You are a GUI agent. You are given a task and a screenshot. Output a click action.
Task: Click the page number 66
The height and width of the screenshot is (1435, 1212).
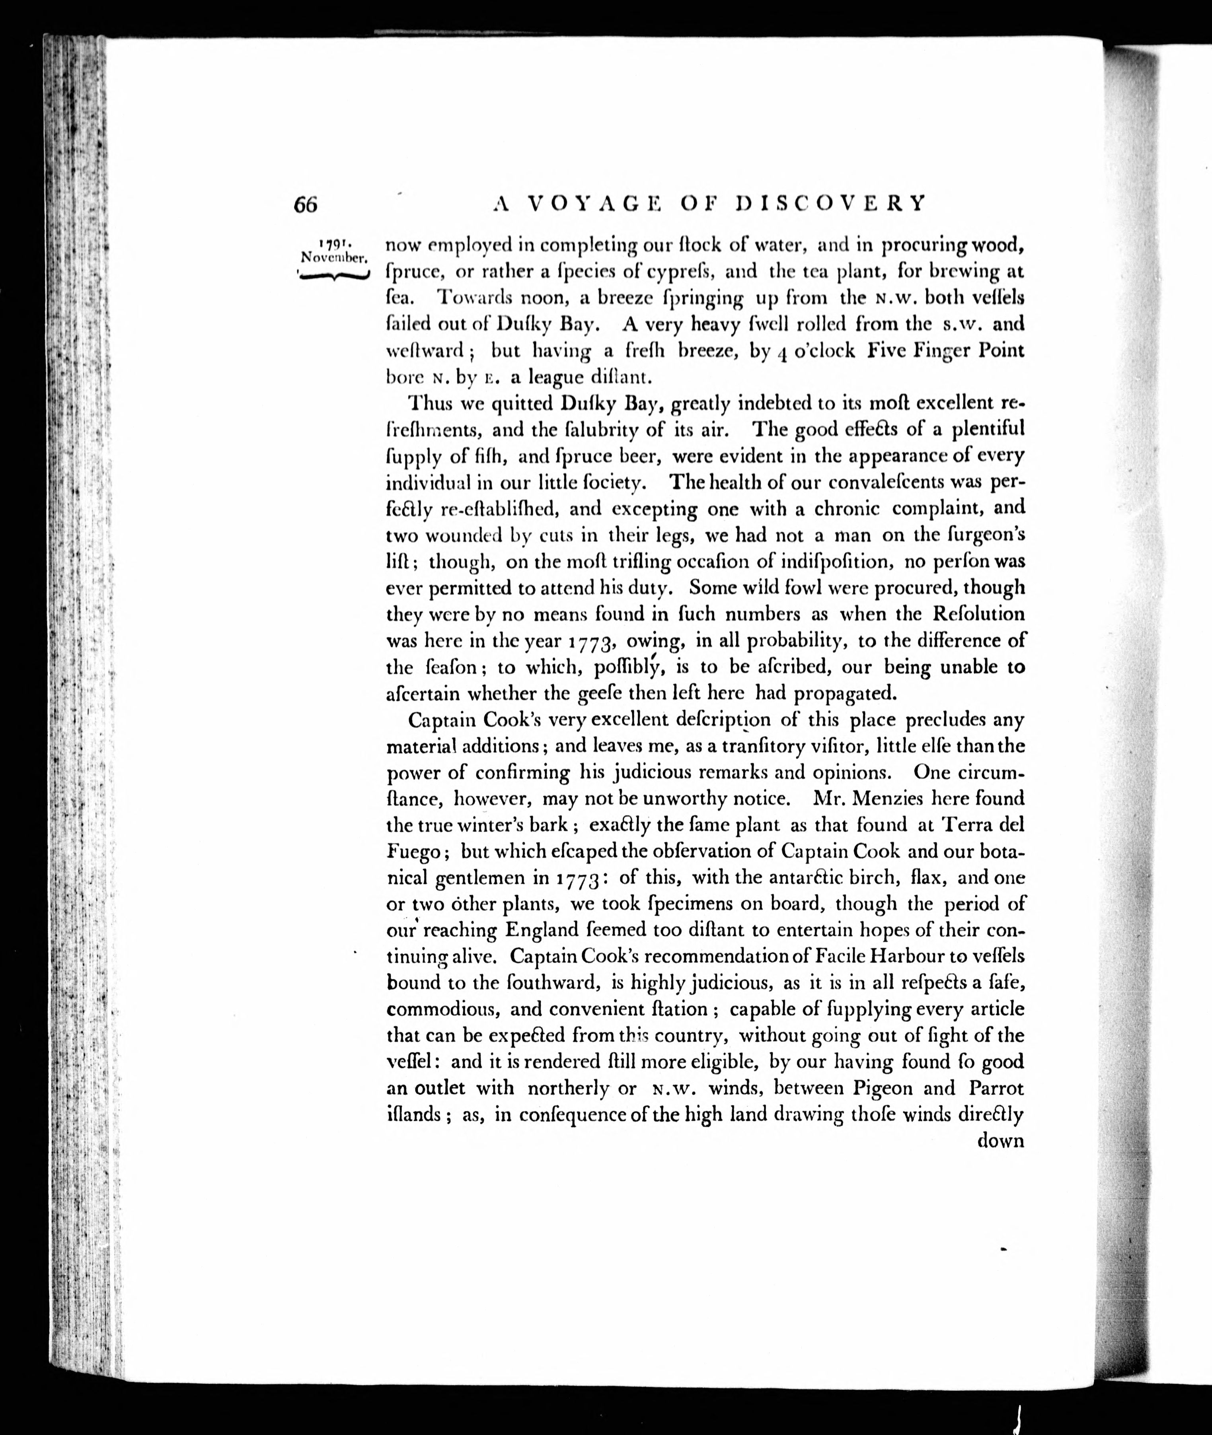[306, 204]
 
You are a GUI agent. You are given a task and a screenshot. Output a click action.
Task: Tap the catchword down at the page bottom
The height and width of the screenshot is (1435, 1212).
[1000, 1141]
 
